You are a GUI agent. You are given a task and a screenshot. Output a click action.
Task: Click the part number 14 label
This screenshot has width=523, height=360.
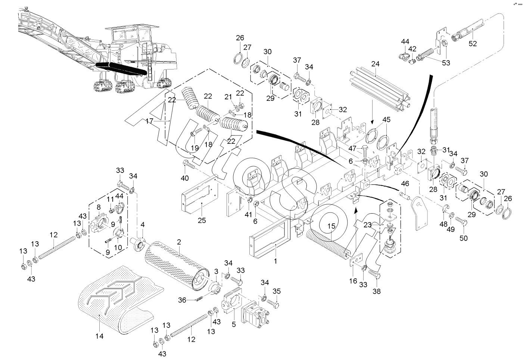pos(99,336)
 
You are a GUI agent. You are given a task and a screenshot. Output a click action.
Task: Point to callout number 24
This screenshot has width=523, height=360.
pos(375,64)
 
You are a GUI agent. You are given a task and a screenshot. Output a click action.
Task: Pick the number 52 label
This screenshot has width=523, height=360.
pos(473,44)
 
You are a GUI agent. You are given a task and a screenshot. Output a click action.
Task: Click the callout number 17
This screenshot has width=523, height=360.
pos(150,121)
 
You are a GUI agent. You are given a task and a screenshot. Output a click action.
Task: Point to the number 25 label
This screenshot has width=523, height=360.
pos(202,220)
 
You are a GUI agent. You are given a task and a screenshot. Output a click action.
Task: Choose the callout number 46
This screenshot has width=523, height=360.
pos(405,184)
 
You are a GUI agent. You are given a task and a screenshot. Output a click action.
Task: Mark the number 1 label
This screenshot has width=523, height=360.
pos(275,261)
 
